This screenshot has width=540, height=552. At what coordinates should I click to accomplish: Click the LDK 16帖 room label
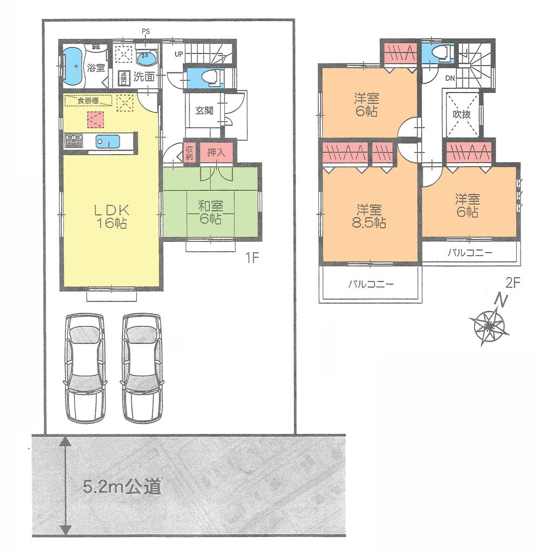pos(112,216)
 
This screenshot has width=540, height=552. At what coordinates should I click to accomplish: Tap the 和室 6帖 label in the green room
pos(209,212)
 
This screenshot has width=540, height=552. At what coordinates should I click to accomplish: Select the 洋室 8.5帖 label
pos(370,216)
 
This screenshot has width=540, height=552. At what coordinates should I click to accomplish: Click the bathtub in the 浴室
pos(71,64)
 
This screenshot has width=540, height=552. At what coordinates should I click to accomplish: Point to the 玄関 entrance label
pos(203,111)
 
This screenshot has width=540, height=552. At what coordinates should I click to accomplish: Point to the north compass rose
pos(490,325)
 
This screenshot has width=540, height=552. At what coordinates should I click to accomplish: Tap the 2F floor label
pos(512,282)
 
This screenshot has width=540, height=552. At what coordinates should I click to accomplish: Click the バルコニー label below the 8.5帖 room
pos(370,284)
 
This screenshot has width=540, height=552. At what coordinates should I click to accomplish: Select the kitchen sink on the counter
pos(107,142)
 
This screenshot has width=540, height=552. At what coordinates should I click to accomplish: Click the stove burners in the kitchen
pos(73,142)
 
